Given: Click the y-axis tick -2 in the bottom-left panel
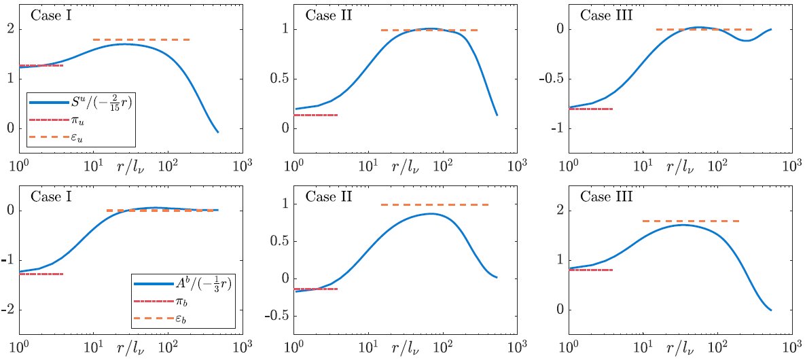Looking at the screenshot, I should click(9, 310).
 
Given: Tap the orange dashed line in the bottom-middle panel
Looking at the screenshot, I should click(435, 204).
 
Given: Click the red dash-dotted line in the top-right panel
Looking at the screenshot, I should click(591, 109).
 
